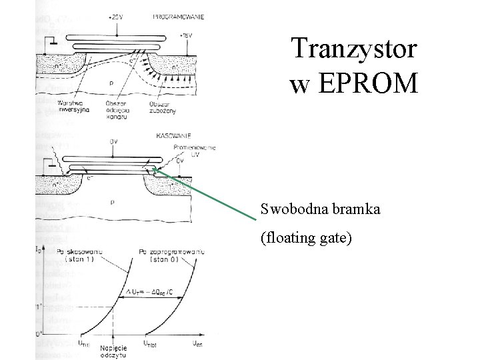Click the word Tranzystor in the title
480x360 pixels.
pos(354,50)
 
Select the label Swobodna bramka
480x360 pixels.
pos(321,210)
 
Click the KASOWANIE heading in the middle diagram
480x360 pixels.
pos(173,133)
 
